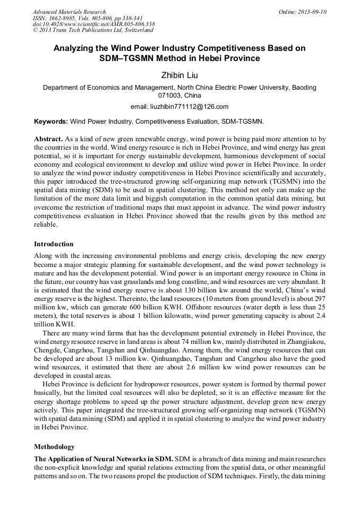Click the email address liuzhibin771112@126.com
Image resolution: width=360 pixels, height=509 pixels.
179,106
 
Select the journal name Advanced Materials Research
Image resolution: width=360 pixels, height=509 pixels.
69,12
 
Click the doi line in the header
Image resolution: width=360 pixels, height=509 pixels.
93,24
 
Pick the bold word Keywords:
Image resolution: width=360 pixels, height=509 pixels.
51,122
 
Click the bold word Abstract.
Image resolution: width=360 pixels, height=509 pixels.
48,139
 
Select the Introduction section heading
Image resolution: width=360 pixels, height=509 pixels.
54,244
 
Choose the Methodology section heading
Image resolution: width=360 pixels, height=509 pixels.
54,447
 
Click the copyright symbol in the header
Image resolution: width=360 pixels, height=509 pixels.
35,30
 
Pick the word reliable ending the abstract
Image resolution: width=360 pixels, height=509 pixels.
47,225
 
